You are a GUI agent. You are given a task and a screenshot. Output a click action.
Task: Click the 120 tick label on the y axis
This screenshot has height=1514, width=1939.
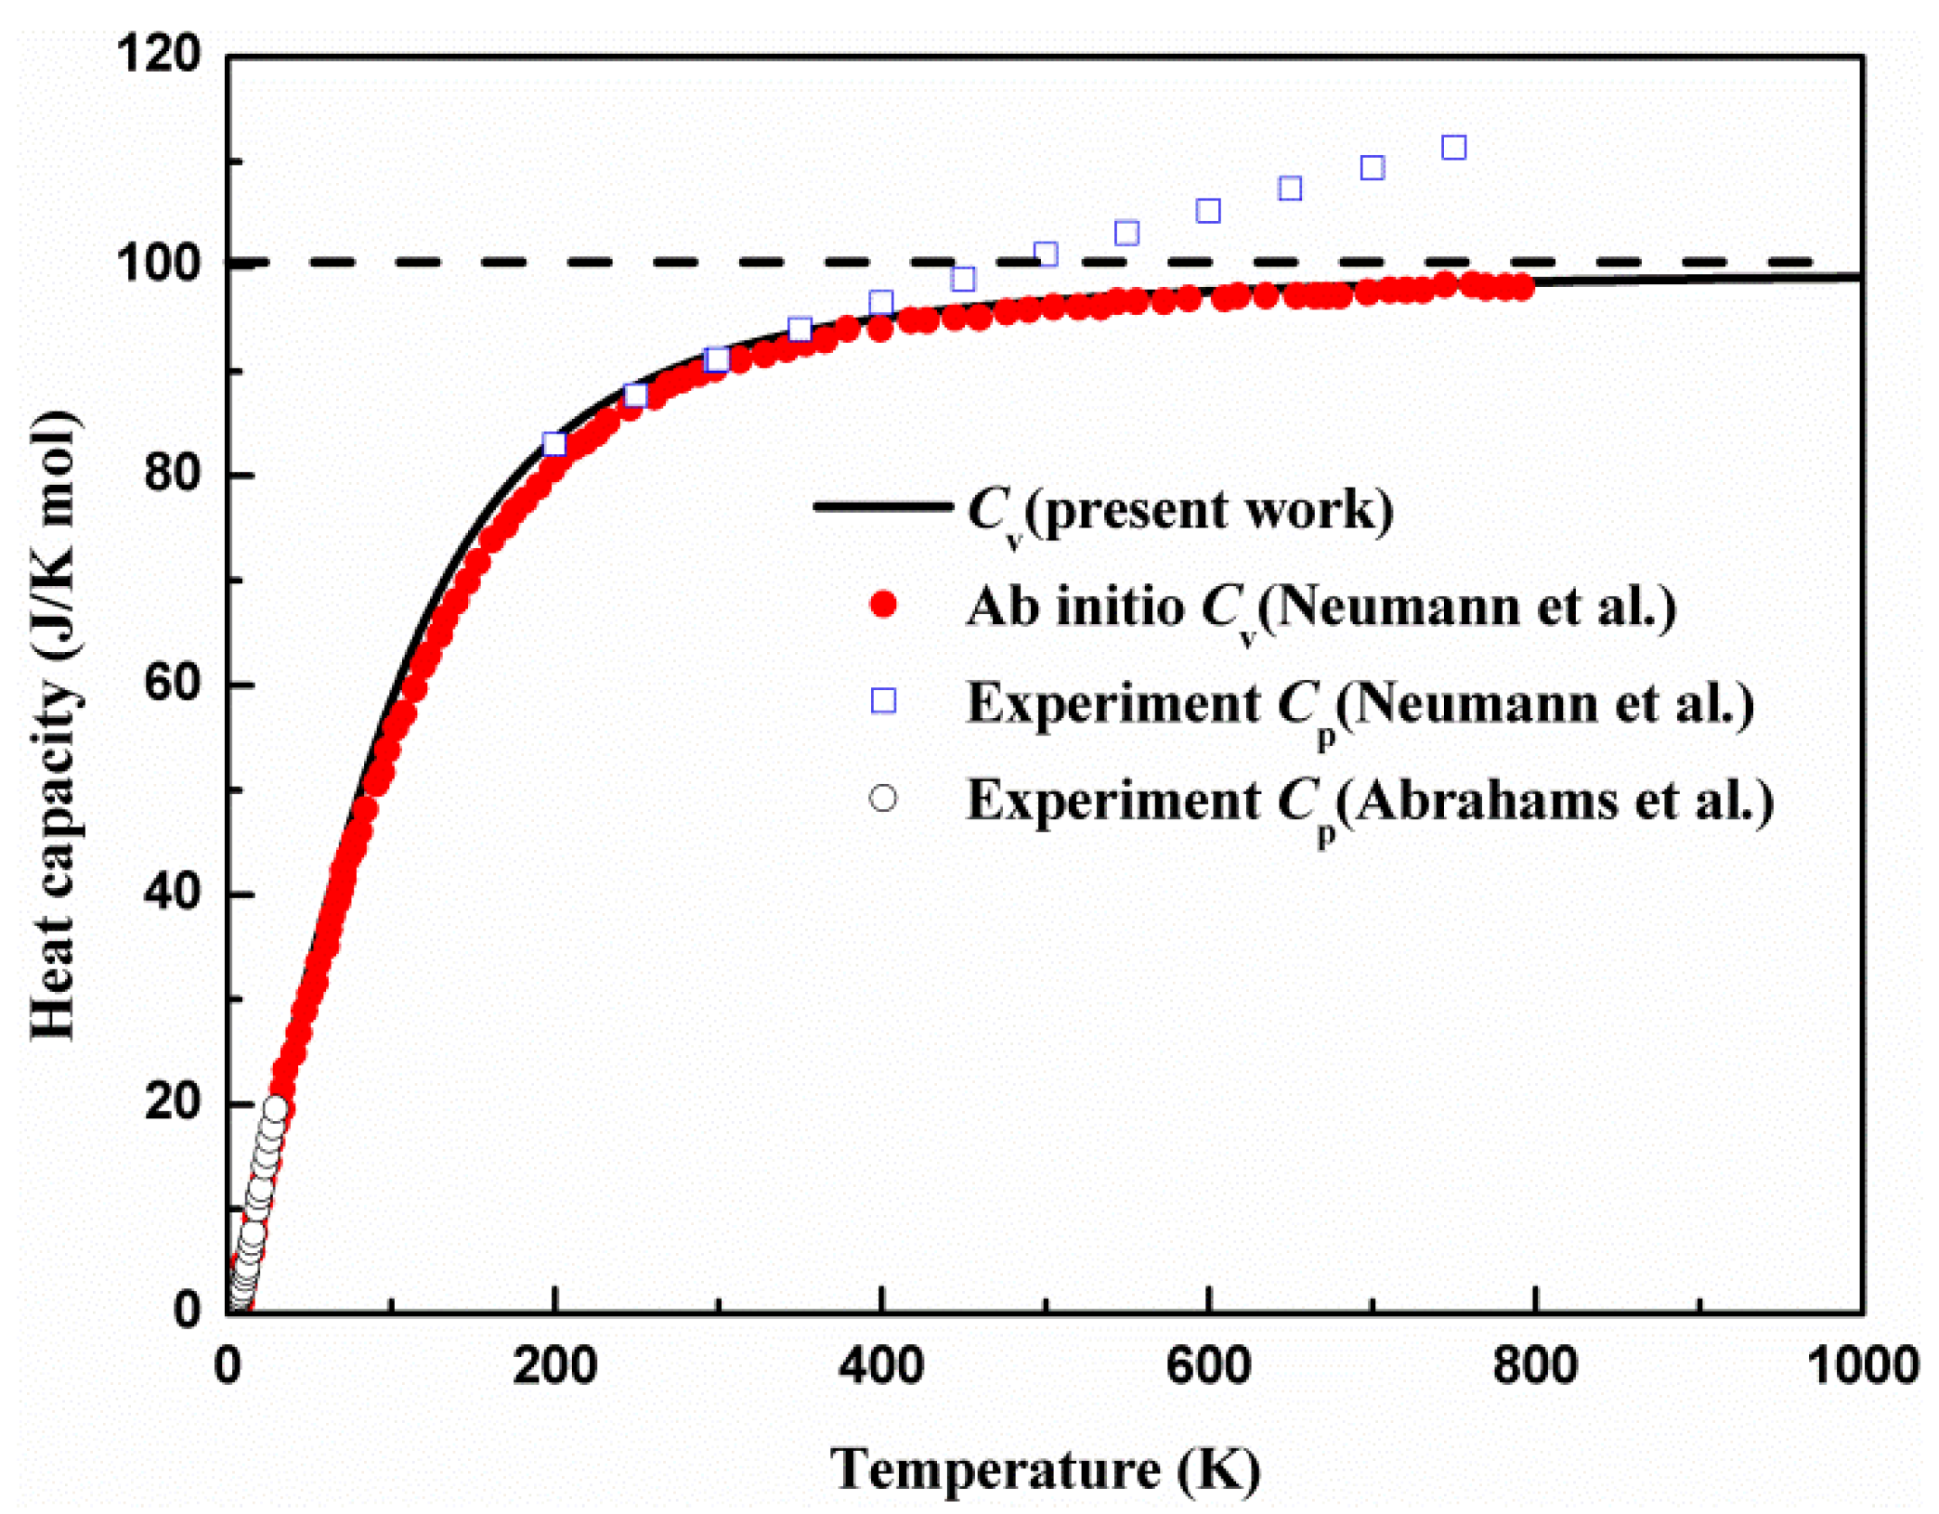(x=158, y=54)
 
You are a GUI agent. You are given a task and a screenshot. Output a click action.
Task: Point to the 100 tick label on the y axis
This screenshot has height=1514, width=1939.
(x=158, y=264)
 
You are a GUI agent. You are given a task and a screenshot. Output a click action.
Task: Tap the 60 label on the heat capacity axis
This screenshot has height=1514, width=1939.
(x=173, y=684)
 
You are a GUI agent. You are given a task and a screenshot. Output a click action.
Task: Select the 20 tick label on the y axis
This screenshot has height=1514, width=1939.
(x=173, y=1103)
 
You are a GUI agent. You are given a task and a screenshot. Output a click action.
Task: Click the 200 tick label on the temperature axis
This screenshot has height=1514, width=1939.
(x=554, y=1366)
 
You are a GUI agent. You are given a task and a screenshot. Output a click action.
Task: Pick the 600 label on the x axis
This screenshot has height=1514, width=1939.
(x=1208, y=1366)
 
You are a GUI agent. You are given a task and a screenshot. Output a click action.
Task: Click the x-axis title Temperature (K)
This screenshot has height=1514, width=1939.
(x=1046, y=1468)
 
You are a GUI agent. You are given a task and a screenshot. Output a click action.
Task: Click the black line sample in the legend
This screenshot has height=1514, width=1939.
(x=883, y=506)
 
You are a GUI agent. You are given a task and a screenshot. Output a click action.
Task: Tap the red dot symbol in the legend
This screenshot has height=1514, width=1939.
(x=883, y=606)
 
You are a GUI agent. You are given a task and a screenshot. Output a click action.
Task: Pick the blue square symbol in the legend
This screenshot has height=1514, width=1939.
(x=883, y=701)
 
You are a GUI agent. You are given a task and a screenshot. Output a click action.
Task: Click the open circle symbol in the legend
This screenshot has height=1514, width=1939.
(x=883, y=799)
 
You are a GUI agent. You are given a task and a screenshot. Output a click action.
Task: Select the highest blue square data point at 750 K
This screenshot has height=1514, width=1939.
(x=1453, y=148)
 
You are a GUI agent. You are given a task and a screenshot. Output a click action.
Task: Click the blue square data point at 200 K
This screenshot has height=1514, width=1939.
(x=554, y=444)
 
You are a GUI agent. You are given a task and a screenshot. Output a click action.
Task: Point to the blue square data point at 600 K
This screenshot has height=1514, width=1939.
(x=1208, y=211)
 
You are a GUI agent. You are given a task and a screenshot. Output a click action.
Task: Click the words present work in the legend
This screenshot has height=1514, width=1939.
(x=1208, y=510)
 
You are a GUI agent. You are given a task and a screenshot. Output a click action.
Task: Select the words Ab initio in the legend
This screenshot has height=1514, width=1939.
(x=1074, y=607)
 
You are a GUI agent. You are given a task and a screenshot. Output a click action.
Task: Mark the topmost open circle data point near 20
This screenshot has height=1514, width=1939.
(x=275, y=1107)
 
